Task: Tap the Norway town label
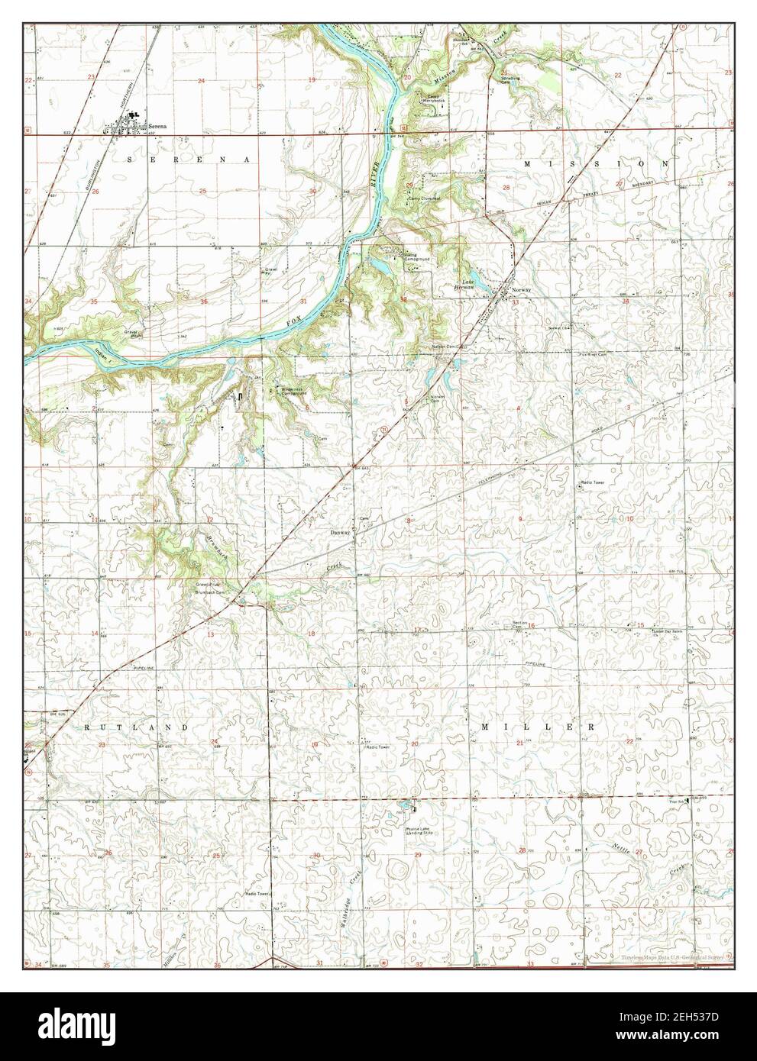522,291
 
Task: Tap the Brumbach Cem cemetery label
212,592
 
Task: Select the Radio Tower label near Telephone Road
594,482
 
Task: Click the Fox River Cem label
592,355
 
